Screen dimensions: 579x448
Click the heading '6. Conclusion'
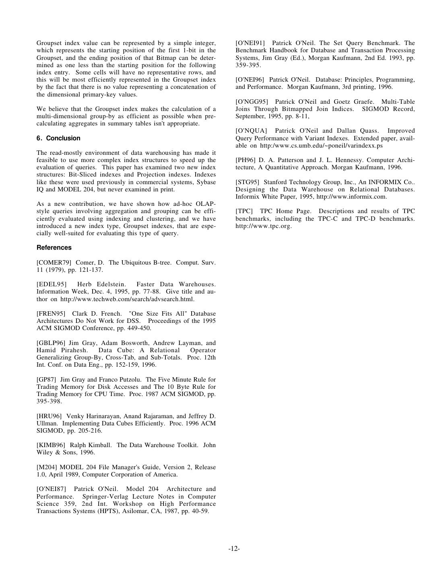(58, 138)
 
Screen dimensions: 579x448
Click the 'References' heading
(54, 248)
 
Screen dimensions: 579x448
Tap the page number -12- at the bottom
(234, 549)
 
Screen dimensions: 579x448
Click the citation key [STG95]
(247, 182)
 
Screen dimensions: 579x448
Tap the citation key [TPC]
(244, 211)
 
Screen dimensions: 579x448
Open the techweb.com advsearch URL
(127, 299)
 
